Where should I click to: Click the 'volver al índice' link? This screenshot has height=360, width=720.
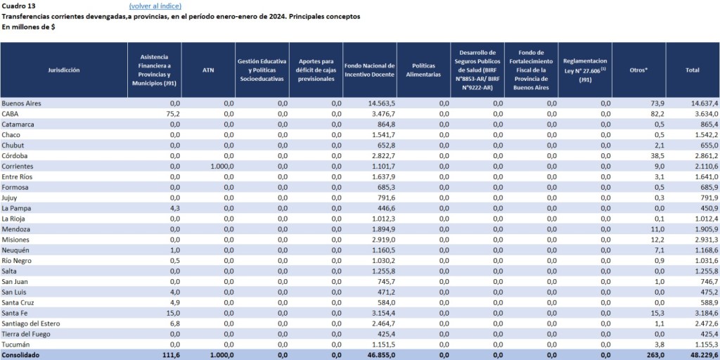(x=155, y=6)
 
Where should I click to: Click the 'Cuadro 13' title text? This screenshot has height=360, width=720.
(x=18, y=6)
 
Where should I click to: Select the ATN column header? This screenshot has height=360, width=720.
(x=208, y=70)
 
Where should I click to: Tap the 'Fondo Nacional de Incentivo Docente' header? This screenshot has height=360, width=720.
(x=369, y=70)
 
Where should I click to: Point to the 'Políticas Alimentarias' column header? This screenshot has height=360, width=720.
(x=423, y=70)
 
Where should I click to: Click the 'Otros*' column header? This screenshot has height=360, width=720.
(x=638, y=70)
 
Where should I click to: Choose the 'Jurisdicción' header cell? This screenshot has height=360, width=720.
(x=64, y=70)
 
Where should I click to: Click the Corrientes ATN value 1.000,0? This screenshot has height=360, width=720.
(x=219, y=166)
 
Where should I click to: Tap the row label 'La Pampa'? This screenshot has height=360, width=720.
(x=15, y=208)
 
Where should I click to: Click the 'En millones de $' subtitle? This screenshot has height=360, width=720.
(x=29, y=27)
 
